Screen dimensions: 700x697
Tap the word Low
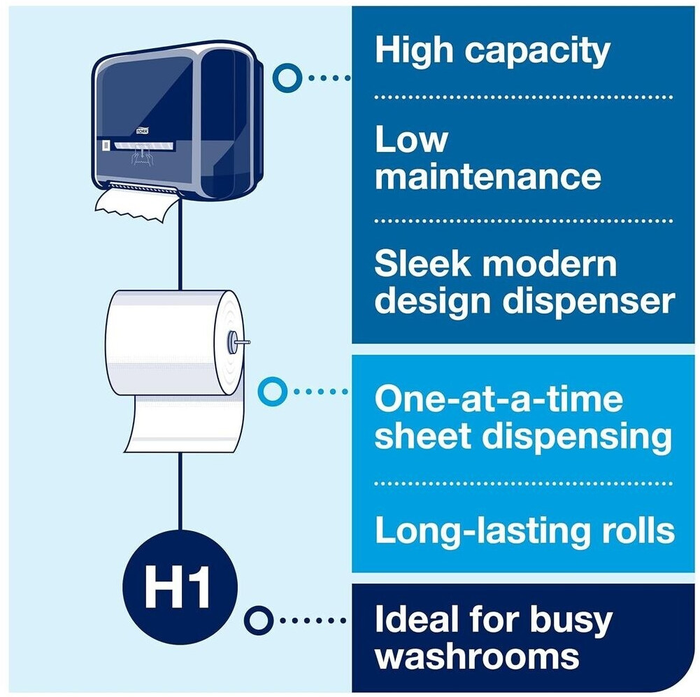[411, 139]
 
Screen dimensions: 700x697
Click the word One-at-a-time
[498, 400]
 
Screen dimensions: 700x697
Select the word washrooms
[478, 656]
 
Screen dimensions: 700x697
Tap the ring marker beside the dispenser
[287, 77]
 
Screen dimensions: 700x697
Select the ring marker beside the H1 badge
[258, 619]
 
